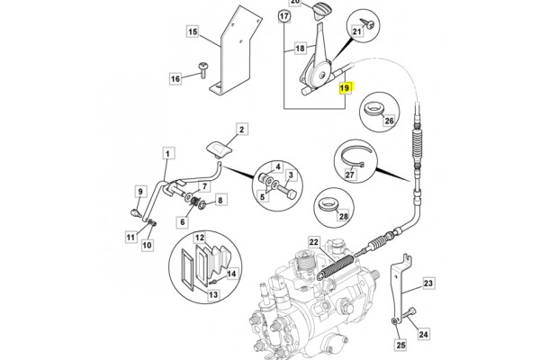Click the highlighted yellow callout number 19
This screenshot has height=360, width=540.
(x=345, y=89)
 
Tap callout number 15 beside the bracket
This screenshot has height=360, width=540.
(x=192, y=32)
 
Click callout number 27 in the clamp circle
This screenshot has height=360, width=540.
(x=350, y=175)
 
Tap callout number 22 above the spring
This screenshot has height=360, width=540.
(x=314, y=242)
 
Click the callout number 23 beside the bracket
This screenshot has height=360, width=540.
(x=428, y=283)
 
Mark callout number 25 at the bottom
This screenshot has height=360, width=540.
(x=401, y=342)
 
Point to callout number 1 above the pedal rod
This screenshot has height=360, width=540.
(x=166, y=155)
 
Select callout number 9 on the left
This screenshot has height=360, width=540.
(x=139, y=192)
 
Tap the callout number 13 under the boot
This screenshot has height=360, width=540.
(x=213, y=294)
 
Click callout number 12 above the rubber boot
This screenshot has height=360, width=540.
(x=201, y=237)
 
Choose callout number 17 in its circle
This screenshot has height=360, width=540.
(x=284, y=17)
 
